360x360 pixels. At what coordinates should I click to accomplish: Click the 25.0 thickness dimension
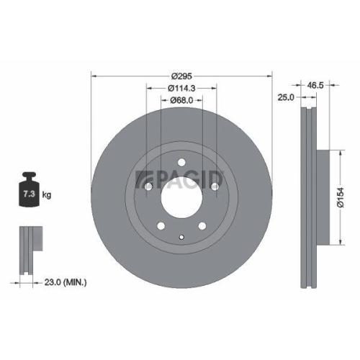click(x=287, y=97)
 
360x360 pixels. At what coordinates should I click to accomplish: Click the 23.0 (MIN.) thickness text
click(x=64, y=284)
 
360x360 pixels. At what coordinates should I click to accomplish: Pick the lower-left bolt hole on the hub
click(x=161, y=227)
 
